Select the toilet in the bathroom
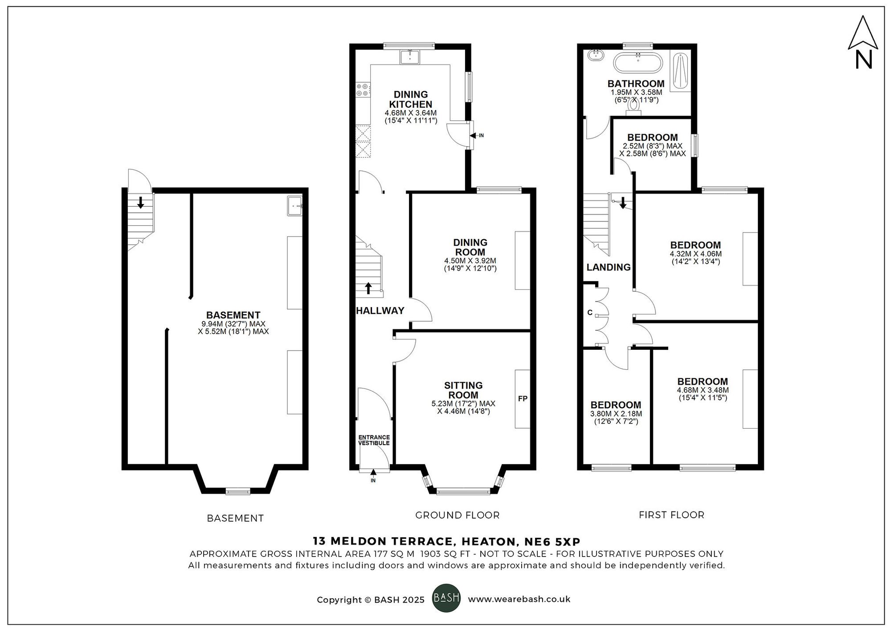[x=633, y=107]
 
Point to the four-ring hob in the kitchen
[x=362, y=90]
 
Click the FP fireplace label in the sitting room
[x=523, y=399]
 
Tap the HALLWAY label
[x=380, y=311]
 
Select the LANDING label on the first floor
[x=608, y=267]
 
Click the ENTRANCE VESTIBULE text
[x=374, y=440]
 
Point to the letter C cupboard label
[x=590, y=313]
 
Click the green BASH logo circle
[x=446, y=598]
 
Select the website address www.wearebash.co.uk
[x=519, y=599]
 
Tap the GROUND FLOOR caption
[x=457, y=515]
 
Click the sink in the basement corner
[x=294, y=205]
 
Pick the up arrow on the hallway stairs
[x=368, y=288]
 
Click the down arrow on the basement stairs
[x=141, y=203]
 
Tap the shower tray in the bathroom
[x=680, y=71]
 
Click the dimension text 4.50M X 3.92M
[x=470, y=261]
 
